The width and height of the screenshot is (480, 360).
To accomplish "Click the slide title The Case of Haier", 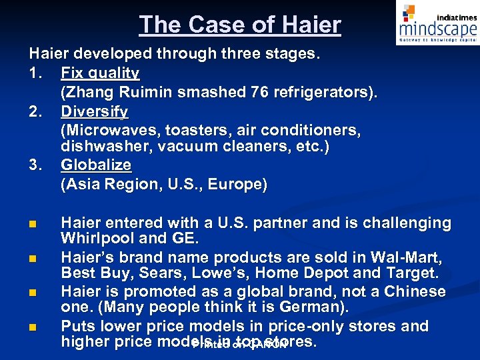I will [x=240, y=25].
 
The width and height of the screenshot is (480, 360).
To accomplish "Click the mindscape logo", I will [x=437, y=25].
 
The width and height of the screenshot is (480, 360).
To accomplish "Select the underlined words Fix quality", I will [x=100, y=73].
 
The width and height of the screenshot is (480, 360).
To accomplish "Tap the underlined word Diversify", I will [x=94, y=111].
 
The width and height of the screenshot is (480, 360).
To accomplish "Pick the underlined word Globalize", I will [x=96, y=165].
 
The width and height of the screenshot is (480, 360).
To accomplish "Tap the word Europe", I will [x=235, y=185].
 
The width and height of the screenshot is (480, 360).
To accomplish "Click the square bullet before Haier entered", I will [x=33, y=223].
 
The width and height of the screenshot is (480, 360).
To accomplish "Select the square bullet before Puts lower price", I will [x=33, y=327].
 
